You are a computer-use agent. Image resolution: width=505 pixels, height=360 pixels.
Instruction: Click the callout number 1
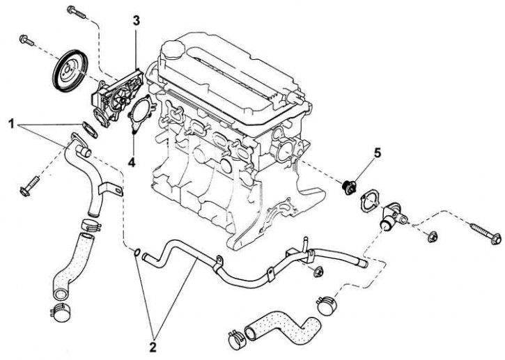[x=12, y=124]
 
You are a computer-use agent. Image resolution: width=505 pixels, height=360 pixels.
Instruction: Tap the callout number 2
[x=153, y=347]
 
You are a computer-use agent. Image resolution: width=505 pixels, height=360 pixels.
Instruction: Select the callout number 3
[x=137, y=21]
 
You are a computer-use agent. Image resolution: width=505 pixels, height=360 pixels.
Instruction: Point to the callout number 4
[x=132, y=163]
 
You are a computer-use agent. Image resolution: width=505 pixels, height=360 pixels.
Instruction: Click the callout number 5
[x=378, y=153]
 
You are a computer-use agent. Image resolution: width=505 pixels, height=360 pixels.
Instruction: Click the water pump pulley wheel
[x=70, y=72]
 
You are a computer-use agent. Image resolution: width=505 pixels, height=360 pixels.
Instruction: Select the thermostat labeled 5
[x=349, y=187]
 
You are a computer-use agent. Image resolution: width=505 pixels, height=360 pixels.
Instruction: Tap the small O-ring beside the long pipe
[x=137, y=253]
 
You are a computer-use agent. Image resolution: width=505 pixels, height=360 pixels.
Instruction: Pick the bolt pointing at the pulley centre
[x=26, y=40]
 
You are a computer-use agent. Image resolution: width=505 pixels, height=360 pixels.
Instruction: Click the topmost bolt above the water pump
[x=77, y=13]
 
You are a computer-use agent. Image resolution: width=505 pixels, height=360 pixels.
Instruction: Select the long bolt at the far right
[x=486, y=234]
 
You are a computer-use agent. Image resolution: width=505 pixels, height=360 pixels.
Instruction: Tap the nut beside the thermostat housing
[x=432, y=237]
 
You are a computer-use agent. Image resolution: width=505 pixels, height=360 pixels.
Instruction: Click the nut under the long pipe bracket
[x=318, y=272]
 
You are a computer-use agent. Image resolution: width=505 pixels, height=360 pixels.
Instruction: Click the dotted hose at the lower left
[x=72, y=265]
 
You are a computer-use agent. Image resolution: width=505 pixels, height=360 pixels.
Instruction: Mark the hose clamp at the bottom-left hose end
[x=61, y=313]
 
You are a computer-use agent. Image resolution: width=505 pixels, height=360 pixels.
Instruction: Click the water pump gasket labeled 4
[x=141, y=114]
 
